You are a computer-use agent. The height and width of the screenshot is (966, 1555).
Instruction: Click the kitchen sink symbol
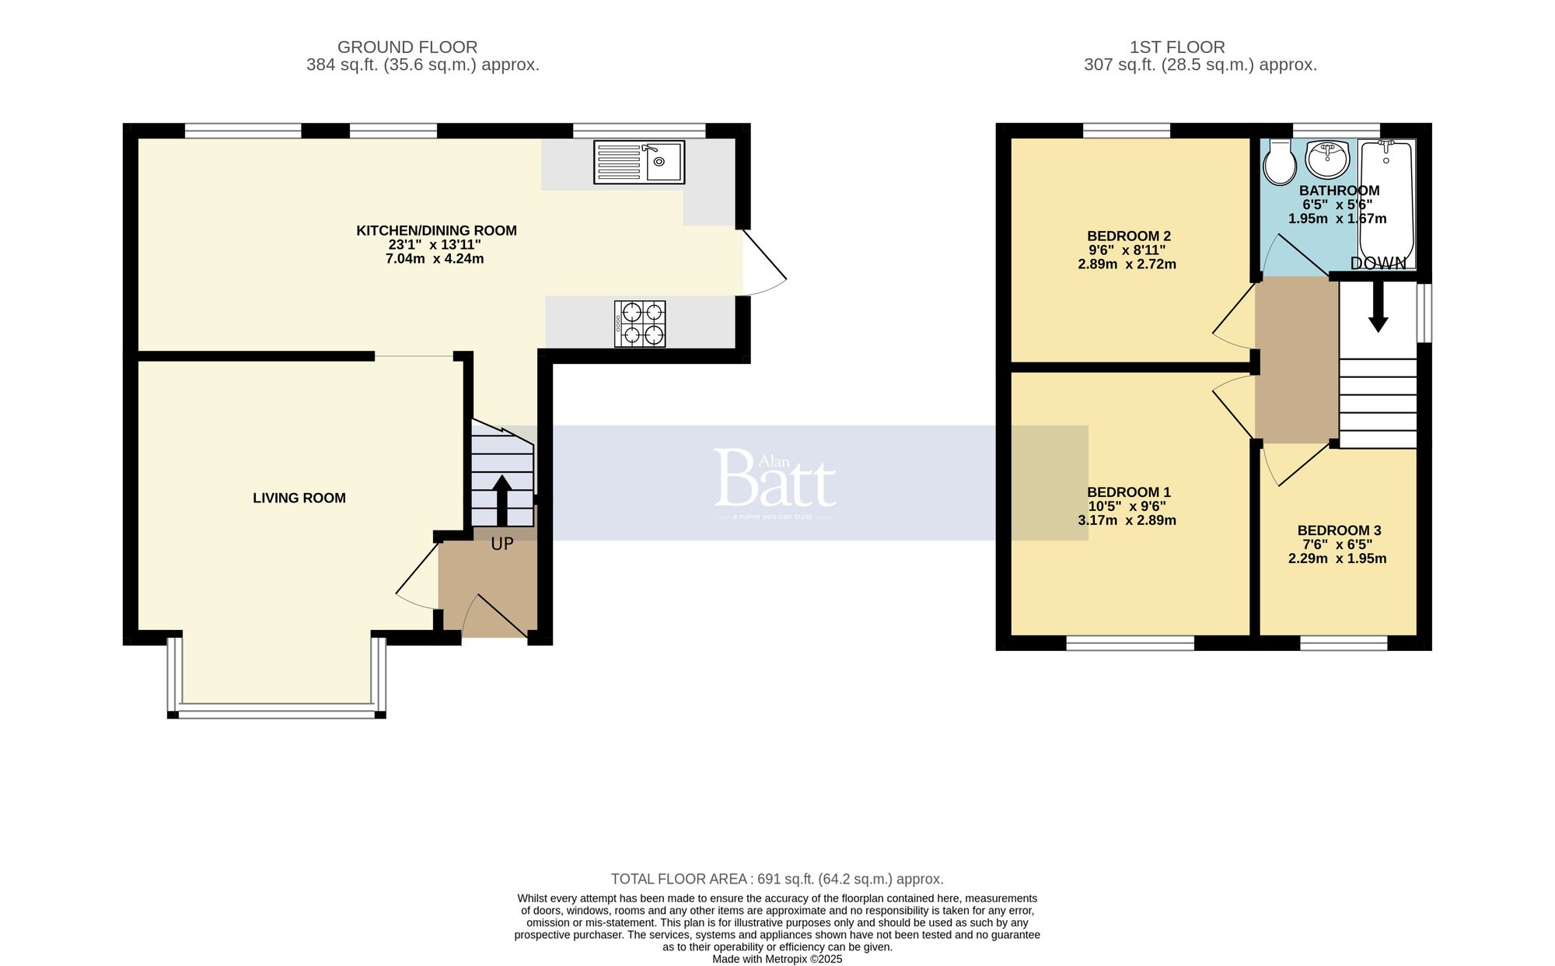tap(639, 162)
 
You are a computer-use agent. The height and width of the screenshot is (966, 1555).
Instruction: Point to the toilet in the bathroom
tap(1279, 162)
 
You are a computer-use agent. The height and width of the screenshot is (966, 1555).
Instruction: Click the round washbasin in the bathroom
tap(1327, 159)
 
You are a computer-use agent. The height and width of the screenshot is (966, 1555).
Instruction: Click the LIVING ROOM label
tap(299, 498)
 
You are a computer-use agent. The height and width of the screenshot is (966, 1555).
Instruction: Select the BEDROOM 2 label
tap(1128, 236)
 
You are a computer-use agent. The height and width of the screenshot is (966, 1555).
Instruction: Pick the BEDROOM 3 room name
tap(1339, 530)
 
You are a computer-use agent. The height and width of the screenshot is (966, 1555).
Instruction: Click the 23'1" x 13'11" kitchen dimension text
tap(435, 244)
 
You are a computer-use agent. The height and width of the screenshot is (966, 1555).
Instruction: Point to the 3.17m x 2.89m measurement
tap(1127, 520)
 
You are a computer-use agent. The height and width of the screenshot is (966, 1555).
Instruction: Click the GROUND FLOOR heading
tap(407, 47)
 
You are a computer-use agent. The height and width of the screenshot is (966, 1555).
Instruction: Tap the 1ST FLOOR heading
tap(1177, 47)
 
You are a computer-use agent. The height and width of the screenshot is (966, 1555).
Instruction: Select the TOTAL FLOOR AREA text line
tap(777, 879)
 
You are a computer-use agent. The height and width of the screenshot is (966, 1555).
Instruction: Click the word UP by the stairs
tap(502, 544)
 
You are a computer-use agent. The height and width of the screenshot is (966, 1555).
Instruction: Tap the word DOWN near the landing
tap(1379, 264)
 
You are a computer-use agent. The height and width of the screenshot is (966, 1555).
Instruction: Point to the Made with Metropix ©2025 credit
tap(777, 959)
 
